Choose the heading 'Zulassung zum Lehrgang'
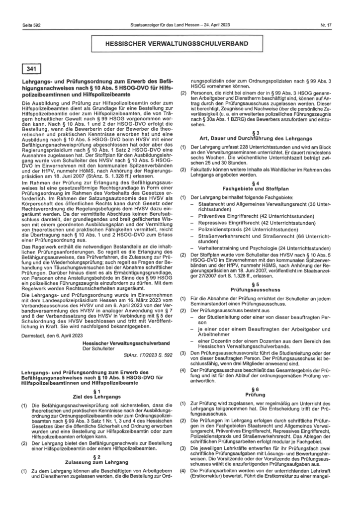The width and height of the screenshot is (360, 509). tap(97, 460)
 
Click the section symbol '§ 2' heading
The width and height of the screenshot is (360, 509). tap(97, 455)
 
